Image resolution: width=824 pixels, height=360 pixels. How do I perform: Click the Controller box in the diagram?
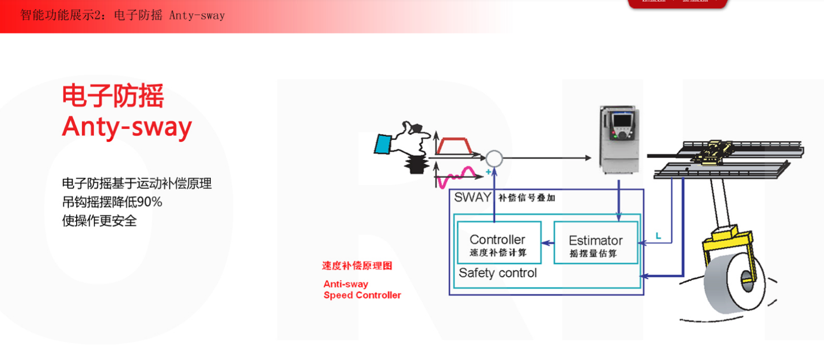coord(498,242)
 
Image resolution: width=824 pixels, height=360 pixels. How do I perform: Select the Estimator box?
coord(595,243)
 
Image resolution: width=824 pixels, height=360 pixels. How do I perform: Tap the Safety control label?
coord(497,273)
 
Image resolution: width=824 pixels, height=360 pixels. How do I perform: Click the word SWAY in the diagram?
coord(473,197)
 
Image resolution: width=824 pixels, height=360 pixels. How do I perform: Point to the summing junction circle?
coord(494,158)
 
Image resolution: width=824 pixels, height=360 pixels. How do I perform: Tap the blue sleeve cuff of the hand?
coord(383,144)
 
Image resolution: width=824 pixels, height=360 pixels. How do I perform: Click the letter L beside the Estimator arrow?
coord(658,236)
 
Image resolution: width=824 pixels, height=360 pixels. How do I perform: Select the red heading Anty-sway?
coord(127,126)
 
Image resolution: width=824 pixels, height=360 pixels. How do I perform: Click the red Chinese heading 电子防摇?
coord(113,96)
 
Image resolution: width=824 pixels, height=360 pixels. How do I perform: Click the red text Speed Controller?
coord(362,295)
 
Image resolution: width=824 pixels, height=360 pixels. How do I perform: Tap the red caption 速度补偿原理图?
coord(357,266)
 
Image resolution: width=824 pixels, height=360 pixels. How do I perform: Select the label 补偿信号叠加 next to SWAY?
coord(527,198)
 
